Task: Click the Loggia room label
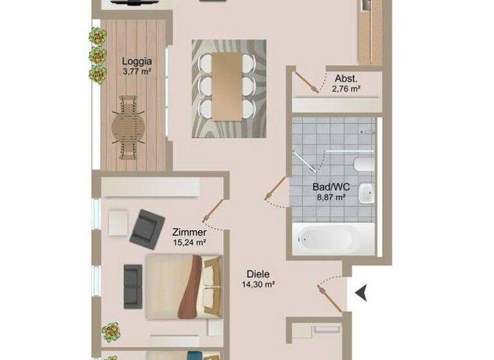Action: (x=136, y=62)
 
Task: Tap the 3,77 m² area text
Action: (x=136, y=72)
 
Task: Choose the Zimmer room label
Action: (x=190, y=232)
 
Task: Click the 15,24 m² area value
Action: (x=190, y=242)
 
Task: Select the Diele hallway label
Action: (x=258, y=273)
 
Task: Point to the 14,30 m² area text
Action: (x=258, y=283)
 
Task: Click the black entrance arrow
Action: (x=362, y=293)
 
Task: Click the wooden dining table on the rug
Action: (x=228, y=85)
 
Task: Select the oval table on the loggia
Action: (x=128, y=127)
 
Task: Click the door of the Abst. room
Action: (x=307, y=83)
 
